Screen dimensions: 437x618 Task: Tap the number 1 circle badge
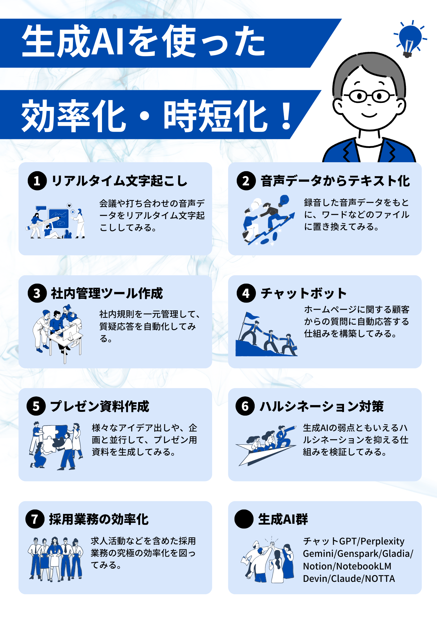click(x=37, y=181)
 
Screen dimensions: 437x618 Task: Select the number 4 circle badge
click(x=246, y=293)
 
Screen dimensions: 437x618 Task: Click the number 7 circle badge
click(x=35, y=519)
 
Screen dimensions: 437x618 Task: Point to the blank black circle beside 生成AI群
click(x=244, y=519)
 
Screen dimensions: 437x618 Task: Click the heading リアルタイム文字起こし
click(x=119, y=181)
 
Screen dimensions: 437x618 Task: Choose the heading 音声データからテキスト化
click(x=335, y=181)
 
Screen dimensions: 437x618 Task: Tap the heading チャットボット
click(x=303, y=293)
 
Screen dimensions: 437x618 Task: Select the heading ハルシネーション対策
click(x=321, y=406)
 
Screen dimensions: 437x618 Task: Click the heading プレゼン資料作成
click(x=100, y=406)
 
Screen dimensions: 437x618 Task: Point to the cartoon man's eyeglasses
click(x=370, y=95)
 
